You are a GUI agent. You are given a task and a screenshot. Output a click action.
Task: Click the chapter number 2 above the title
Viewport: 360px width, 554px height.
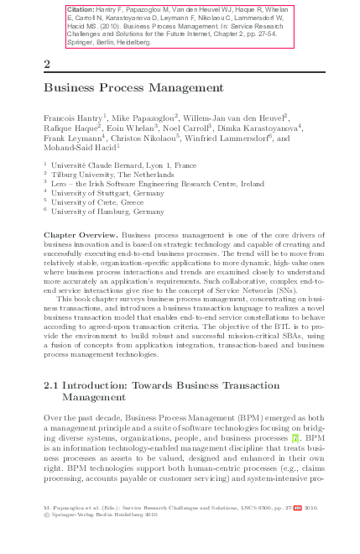coord(47,64)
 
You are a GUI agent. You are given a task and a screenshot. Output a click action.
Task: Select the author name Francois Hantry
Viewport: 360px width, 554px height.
coord(73,118)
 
